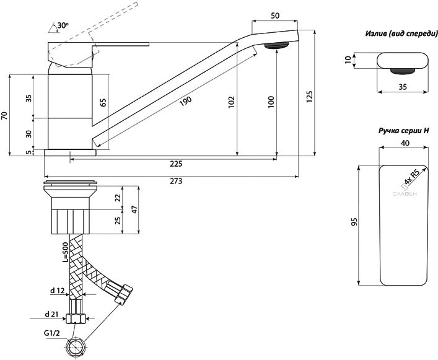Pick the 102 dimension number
coord(230,102)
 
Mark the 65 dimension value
coord(103,103)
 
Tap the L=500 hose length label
coord(65,253)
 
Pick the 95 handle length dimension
coord(354,223)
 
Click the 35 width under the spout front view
coord(403,88)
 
